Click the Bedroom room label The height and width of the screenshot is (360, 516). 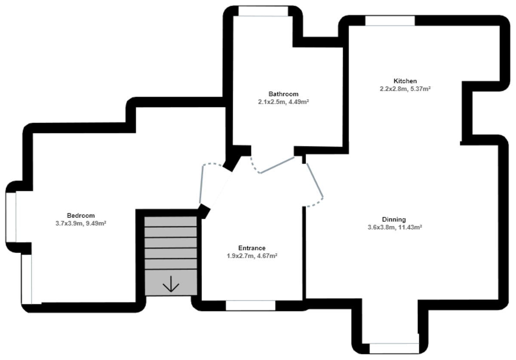pyautogui.click(x=80, y=215)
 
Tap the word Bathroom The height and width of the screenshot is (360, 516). pyautogui.click(x=283, y=94)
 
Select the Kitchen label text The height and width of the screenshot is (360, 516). pyautogui.click(x=405, y=81)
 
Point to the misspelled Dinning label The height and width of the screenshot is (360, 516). pyautogui.click(x=393, y=220)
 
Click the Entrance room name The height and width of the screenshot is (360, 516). pyautogui.click(x=252, y=248)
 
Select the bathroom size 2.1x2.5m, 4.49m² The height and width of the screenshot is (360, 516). pyautogui.click(x=283, y=102)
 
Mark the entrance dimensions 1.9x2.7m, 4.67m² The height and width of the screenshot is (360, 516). pyautogui.click(x=252, y=256)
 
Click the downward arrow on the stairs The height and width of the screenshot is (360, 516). pyautogui.click(x=171, y=284)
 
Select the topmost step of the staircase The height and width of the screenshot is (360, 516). pyautogui.click(x=171, y=221)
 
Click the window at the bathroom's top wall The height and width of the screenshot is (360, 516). pyautogui.click(x=263, y=11)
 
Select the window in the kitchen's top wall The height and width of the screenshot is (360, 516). pyautogui.click(x=390, y=21)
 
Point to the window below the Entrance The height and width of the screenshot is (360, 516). pyautogui.click(x=251, y=305)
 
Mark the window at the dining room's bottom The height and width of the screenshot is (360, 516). pyautogui.click(x=394, y=348)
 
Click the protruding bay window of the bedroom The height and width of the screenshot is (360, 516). pyautogui.click(x=11, y=217)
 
